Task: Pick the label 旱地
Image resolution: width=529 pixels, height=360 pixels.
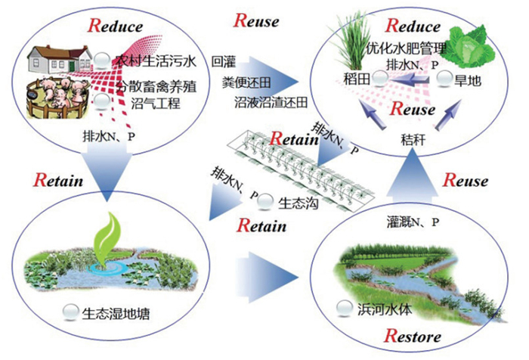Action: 474,79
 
